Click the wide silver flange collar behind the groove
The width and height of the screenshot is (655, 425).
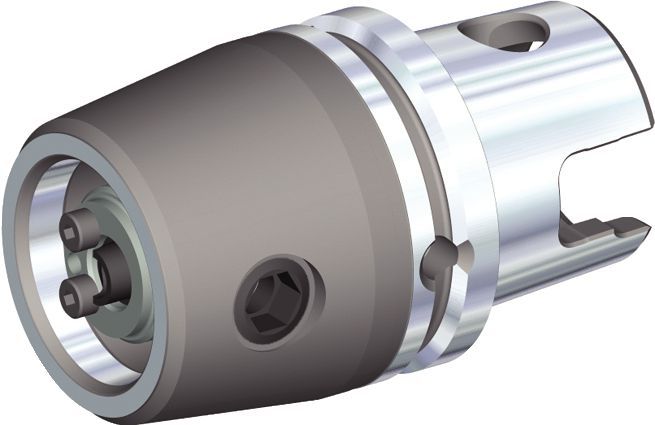pos(455,170)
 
